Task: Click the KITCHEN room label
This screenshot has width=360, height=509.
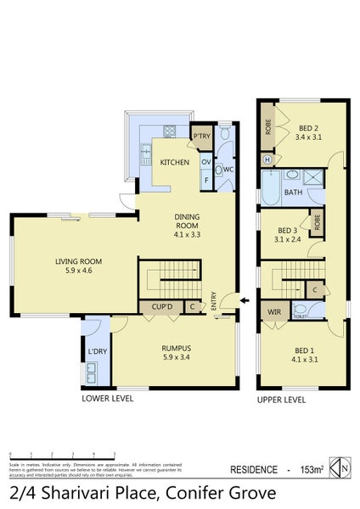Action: [x=175, y=162]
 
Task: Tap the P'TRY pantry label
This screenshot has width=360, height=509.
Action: [x=201, y=136]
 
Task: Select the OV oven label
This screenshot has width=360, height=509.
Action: [x=205, y=162]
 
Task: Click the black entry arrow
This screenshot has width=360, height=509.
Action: [x=244, y=300]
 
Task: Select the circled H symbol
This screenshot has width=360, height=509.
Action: [x=268, y=159]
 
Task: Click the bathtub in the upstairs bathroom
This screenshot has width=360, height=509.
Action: [x=273, y=188]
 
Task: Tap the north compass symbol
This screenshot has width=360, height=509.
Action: [x=340, y=467]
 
